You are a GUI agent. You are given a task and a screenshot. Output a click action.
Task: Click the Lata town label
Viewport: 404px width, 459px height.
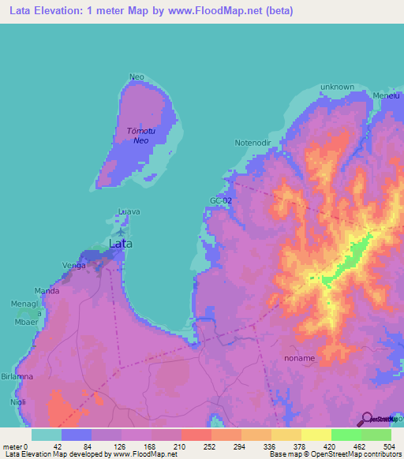pyautogui.click(x=120, y=244)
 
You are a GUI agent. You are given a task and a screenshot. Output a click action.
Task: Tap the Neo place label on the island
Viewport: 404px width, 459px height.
pyautogui.click(x=137, y=76)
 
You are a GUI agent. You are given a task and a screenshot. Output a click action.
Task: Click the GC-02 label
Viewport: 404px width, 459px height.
pyautogui.click(x=220, y=201)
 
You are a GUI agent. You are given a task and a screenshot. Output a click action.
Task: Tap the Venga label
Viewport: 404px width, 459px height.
pyautogui.click(x=73, y=266)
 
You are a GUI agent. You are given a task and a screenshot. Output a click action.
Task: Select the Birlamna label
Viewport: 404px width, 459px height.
pyautogui.click(x=17, y=377)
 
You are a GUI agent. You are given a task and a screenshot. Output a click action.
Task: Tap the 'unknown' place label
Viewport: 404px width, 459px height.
pyautogui.click(x=337, y=87)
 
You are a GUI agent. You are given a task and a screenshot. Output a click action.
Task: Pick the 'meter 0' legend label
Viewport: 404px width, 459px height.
pyautogui.click(x=15, y=446)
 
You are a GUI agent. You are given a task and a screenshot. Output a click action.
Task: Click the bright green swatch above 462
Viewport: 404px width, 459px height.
pyautogui.click(x=346, y=435)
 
